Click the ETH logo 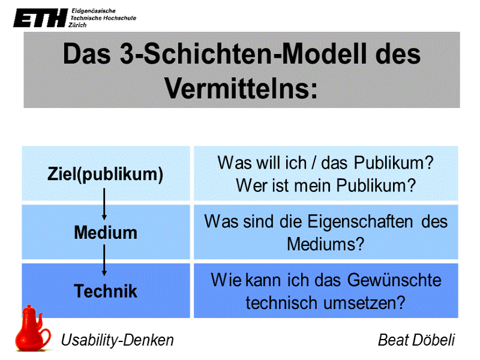pos(40,19)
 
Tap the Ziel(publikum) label pos(106,175)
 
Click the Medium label pos(106,232)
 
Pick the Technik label pos(106,292)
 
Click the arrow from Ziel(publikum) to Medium pos(105,204)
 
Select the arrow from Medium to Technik pos(105,262)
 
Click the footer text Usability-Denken pos(118,340)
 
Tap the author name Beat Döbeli pos(416,340)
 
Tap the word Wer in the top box pos(248,185)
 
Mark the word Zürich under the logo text pos(79,25)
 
